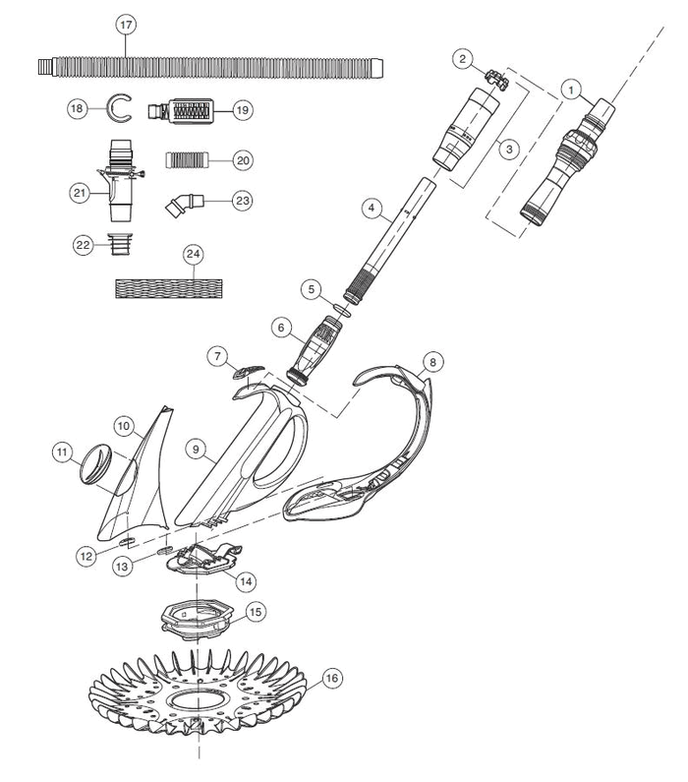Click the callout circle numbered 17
coord(126,26)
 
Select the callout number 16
coord(332,678)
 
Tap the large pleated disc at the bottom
coord(201,693)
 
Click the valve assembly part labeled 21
coord(119,183)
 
